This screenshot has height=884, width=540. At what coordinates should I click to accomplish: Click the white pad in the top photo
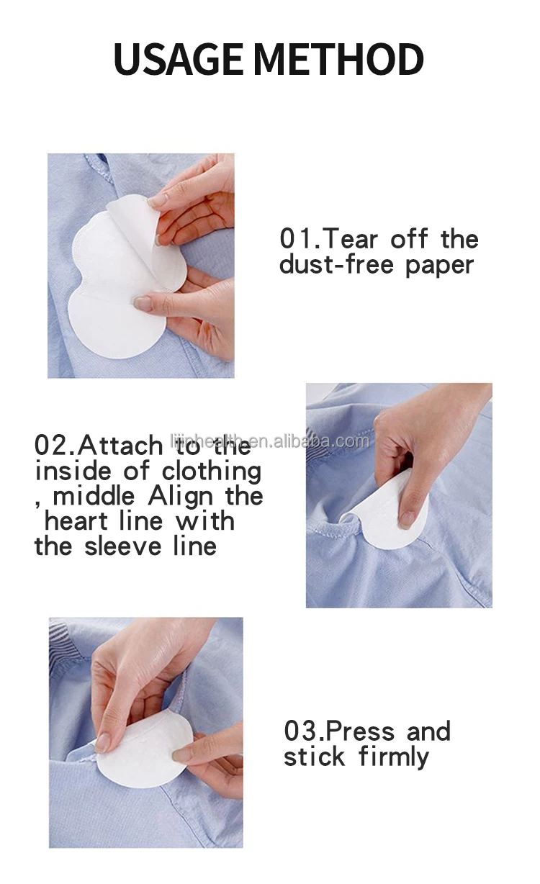[x=115, y=288]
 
